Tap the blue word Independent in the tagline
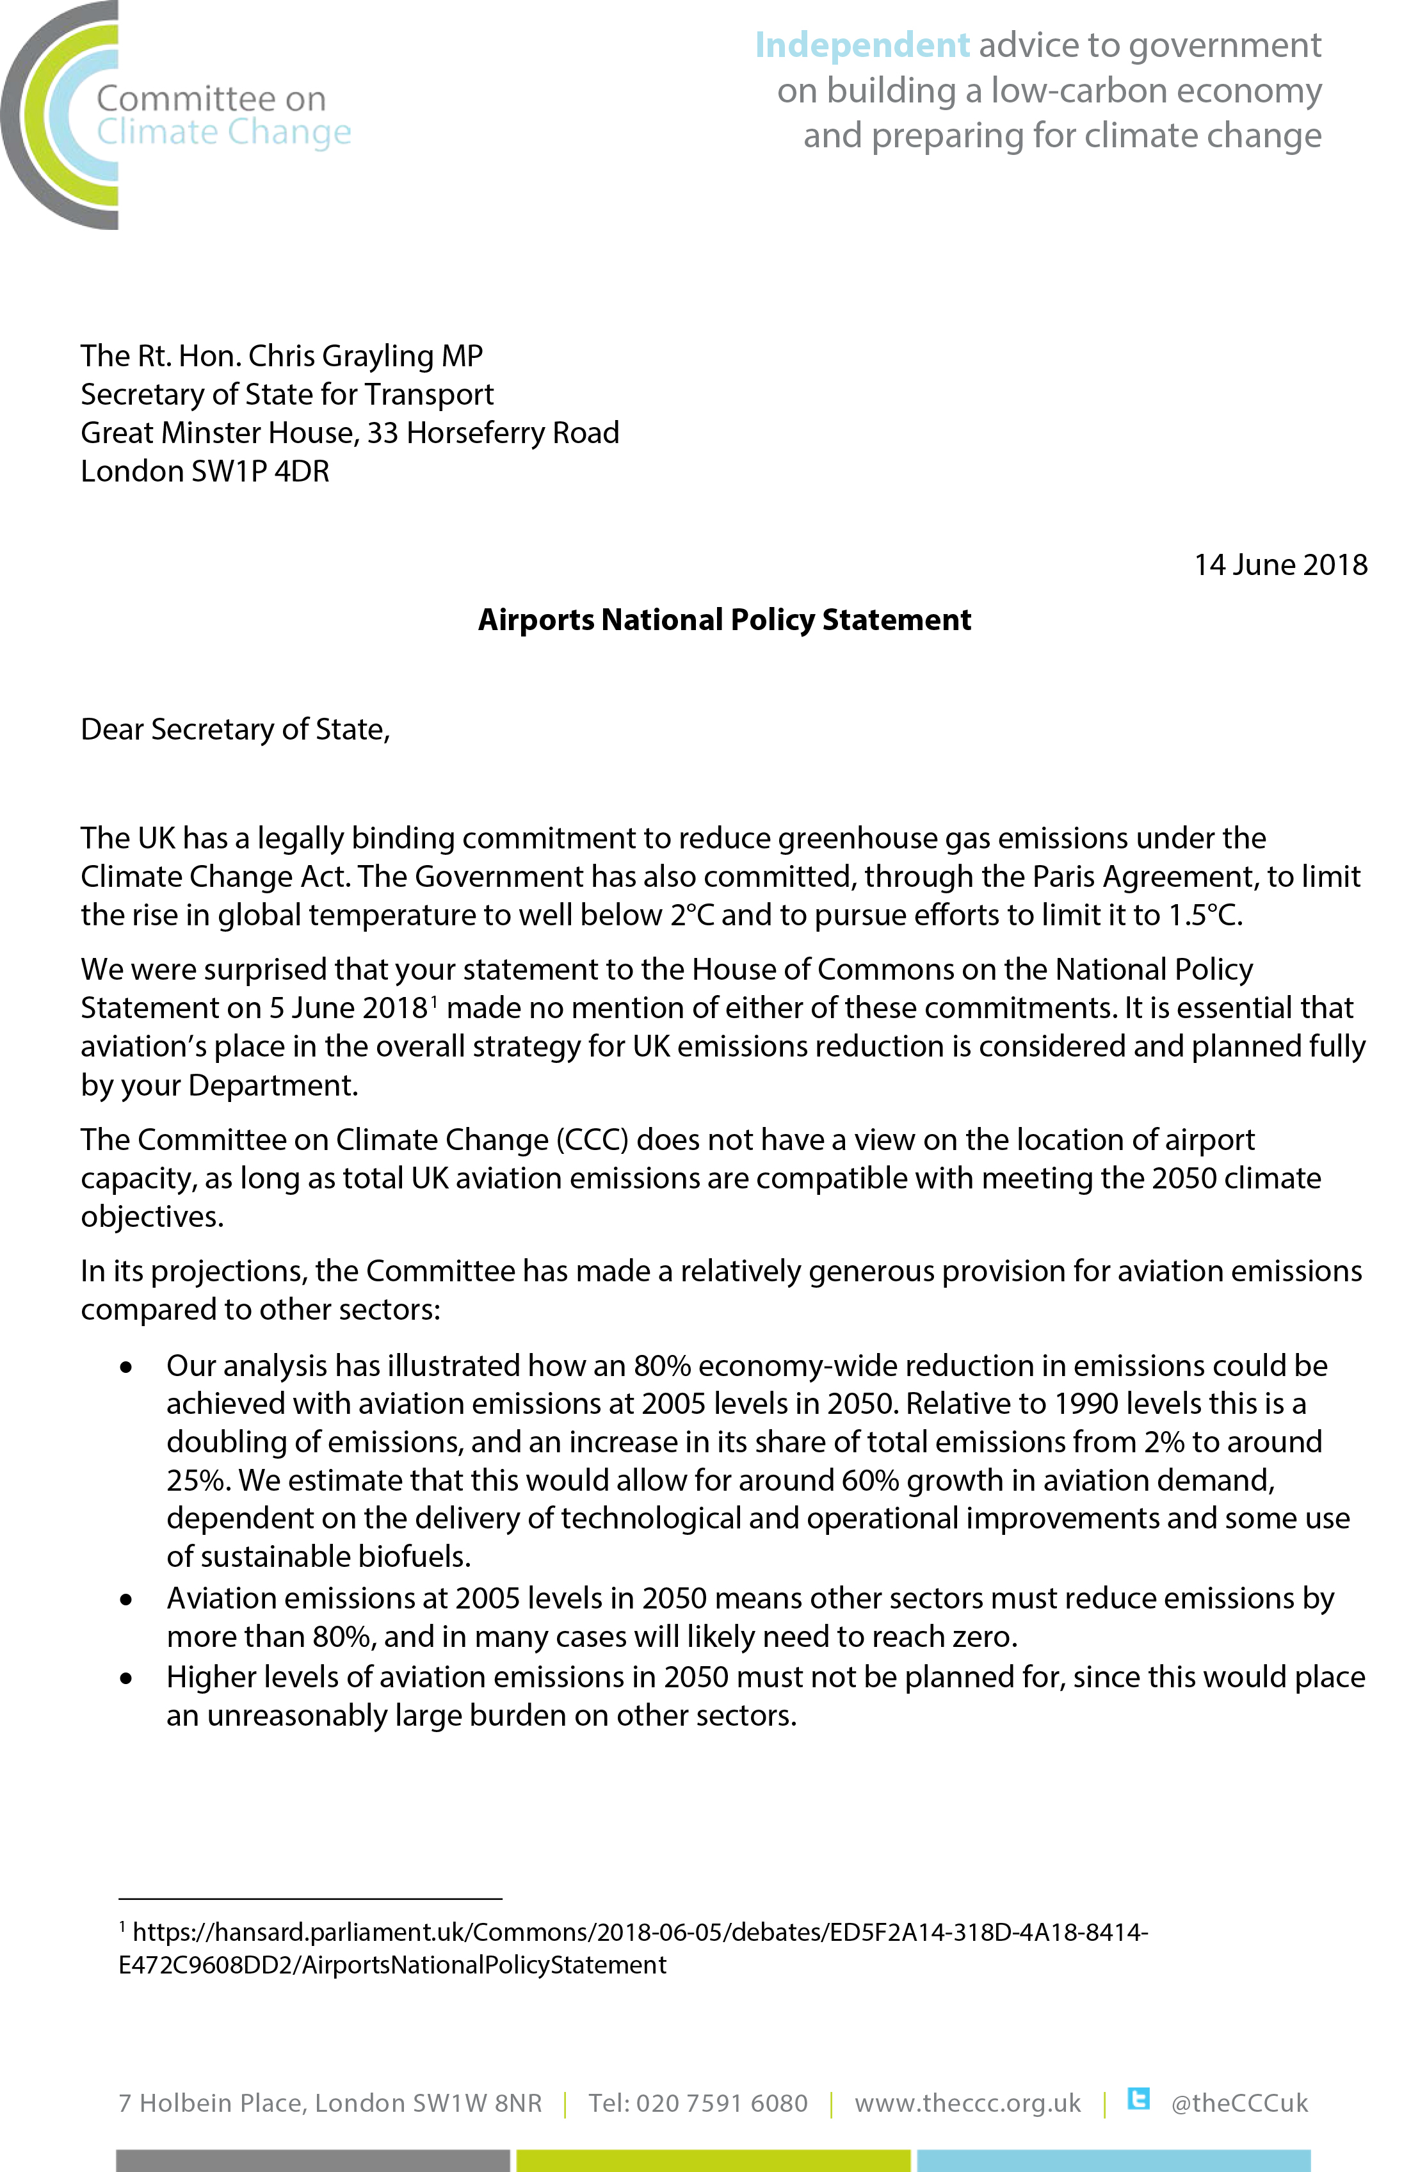coord(862,45)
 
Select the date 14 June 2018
coord(1280,565)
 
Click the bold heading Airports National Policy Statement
coord(725,620)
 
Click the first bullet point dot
coord(127,1367)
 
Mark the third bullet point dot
coord(127,1678)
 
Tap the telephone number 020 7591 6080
coord(721,2103)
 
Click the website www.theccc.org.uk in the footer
coord(967,2103)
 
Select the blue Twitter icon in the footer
coord(1138,2099)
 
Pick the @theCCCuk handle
coord(1239,2103)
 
